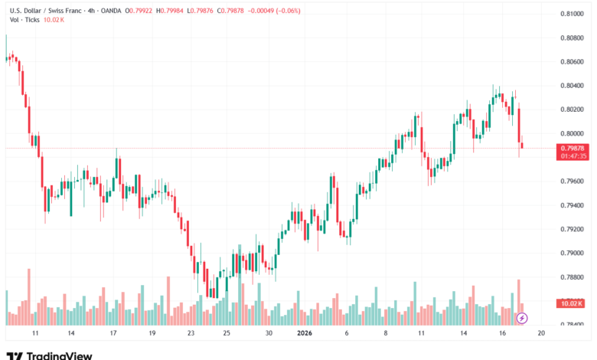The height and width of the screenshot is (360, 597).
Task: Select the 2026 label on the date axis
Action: [x=304, y=334]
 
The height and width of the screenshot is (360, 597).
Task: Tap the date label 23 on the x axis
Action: [x=191, y=334]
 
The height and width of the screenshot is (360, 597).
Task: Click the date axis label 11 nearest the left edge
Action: [x=35, y=334]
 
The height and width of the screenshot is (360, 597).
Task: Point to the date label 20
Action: [x=540, y=334]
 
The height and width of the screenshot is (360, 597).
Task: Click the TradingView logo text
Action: [x=59, y=355]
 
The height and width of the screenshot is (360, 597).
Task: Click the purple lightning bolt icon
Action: [x=523, y=317]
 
